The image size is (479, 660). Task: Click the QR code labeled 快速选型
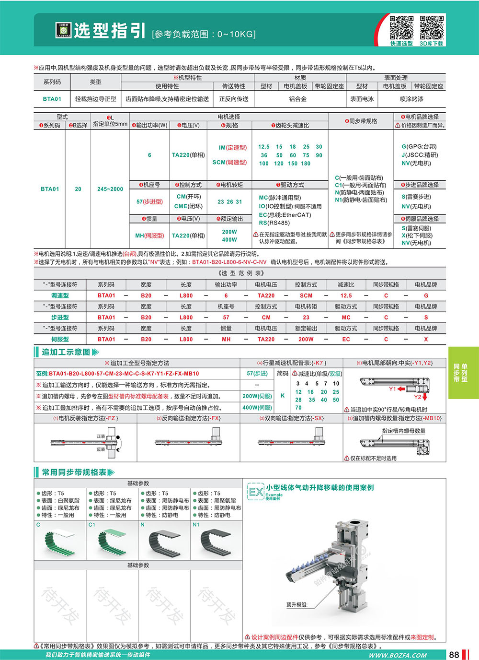pyautogui.click(x=401, y=28)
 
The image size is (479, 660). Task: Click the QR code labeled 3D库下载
pyautogui.click(x=432, y=28)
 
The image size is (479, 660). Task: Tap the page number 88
pyautogui.click(x=454, y=655)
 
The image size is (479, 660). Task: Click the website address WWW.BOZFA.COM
pyautogui.click(x=398, y=655)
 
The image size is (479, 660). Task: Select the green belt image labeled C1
pyautogui.click(x=112, y=542)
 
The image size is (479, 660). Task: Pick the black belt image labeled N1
pyautogui.click(x=216, y=542)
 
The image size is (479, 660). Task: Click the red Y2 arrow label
pyautogui.click(x=418, y=397)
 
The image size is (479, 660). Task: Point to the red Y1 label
pyautogui.click(x=393, y=389)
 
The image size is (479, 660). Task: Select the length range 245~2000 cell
pyautogui.click(x=110, y=189)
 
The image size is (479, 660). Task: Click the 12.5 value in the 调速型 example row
pyautogui.click(x=346, y=296)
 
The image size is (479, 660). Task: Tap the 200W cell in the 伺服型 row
pyautogui.click(x=306, y=339)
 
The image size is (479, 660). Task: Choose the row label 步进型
pyautogui.click(x=60, y=318)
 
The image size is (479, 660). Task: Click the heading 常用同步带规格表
pyautogui.click(x=74, y=472)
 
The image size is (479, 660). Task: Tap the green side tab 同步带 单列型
pyautogui.click(x=463, y=373)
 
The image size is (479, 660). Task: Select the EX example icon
pyautogui.click(x=256, y=492)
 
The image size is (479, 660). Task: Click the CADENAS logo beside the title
pyautogui.click(x=63, y=30)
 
